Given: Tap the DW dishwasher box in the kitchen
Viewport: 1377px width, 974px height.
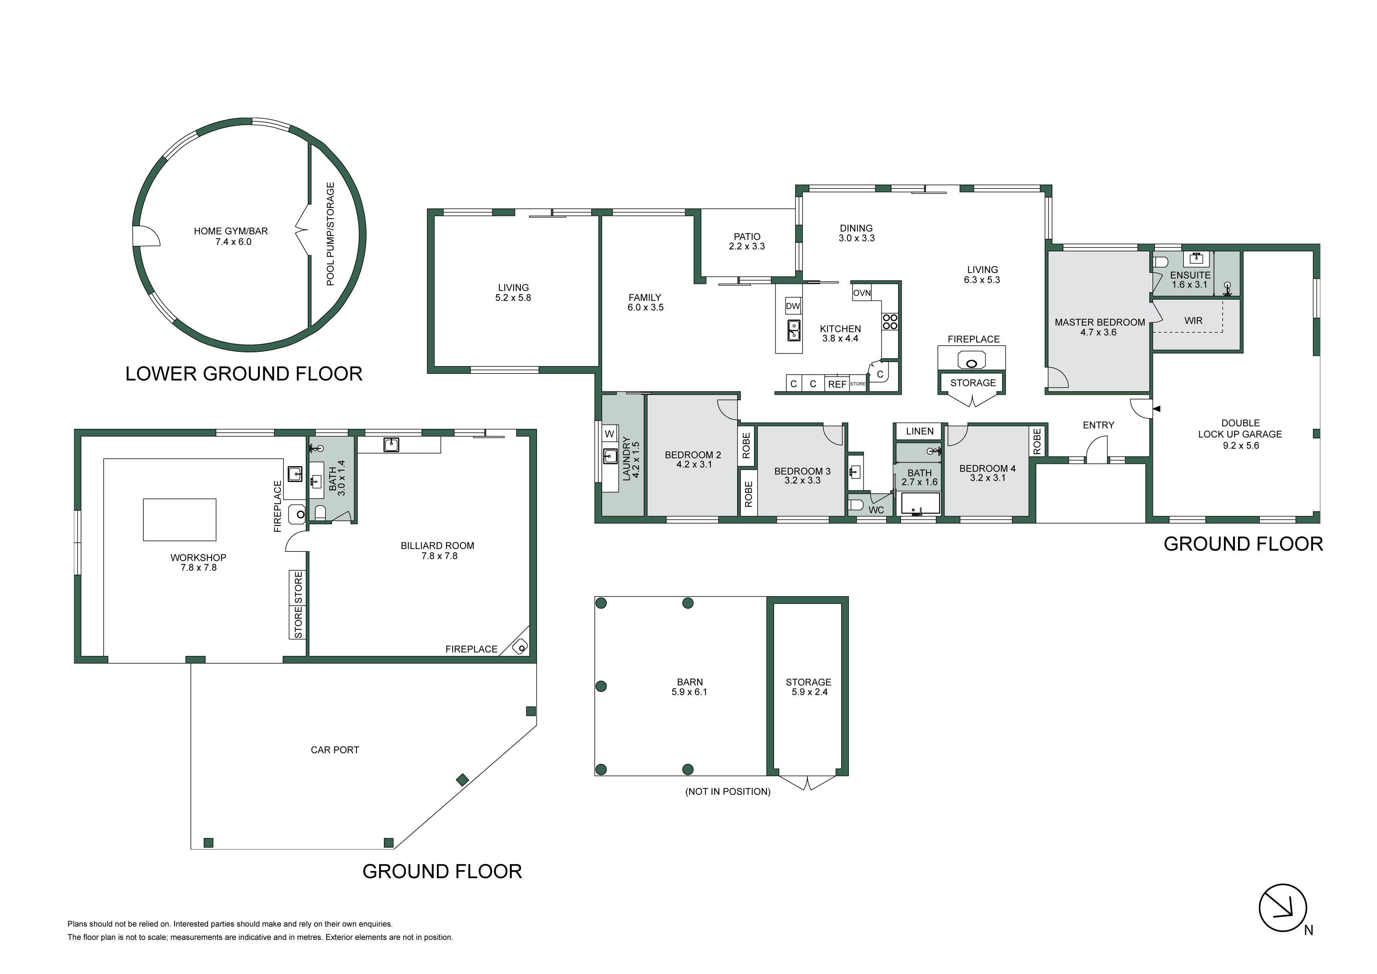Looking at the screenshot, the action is click(x=793, y=306).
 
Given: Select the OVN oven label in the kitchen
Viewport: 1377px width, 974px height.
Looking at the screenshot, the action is click(x=862, y=293).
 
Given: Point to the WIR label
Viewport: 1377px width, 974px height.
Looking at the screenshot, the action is click(x=1193, y=321).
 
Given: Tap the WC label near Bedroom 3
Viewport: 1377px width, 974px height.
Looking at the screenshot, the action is click(x=876, y=510).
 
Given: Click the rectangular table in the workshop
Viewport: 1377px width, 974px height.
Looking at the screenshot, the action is click(x=179, y=520).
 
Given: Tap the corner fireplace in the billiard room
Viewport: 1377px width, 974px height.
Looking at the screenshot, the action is click(x=519, y=644).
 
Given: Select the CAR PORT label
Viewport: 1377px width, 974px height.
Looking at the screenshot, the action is click(x=335, y=750).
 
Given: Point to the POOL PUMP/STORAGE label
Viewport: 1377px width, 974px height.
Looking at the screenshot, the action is click(x=330, y=234).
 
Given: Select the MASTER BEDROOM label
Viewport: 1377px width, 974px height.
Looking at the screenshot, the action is click(x=1100, y=322).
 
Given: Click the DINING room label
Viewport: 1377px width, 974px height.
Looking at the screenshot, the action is click(x=856, y=228).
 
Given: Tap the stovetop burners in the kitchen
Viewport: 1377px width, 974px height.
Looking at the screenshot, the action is click(x=889, y=322).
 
